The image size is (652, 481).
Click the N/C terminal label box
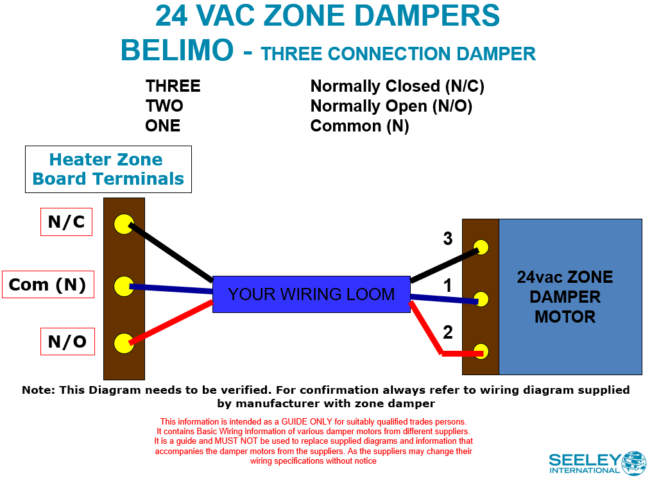pyautogui.click(x=66, y=222)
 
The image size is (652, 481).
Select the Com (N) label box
pyautogui.click(x=48, y=285)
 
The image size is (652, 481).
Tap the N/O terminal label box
pyautogui.click(x=67, y=342)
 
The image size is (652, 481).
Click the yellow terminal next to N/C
pyautogui.click(x=123, y=224)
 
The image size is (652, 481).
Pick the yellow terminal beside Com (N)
pyautogui.click(x=123, y=286)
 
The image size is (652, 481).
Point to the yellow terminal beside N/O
pyautogui.click(x=123, y=343)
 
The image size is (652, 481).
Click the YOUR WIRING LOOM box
pyautogui.click(x=311, y=294)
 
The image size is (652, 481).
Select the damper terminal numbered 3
pyautogui.click(x=481, y=247)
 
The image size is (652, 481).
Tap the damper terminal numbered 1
pyautogui.click(x=481, y=299)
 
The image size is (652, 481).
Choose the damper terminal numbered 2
pyautogui.click(x=481, y=351)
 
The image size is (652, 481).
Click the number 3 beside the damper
pyautogui.click(x=448, y=239)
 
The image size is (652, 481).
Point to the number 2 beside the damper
pyautogui.click(x=448, y=332)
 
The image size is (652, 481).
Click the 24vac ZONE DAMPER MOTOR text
pyautogui.click(x=565, y=296)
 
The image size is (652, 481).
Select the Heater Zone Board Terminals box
pyautogui.click(x=108, y=169)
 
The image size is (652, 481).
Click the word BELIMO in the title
pyautogui.click(x=177, y=51)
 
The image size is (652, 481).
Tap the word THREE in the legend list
pyautogui.click(x=173, y=86)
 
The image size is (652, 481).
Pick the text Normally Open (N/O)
pyautogui.click(x=391, y=106)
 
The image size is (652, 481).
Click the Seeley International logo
pyautogui.click(x=597, y=462)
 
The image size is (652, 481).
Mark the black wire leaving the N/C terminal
pyautogui.click(x=170, y=252)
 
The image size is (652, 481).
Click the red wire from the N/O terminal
pyautogui.click(x=170, y=323)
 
